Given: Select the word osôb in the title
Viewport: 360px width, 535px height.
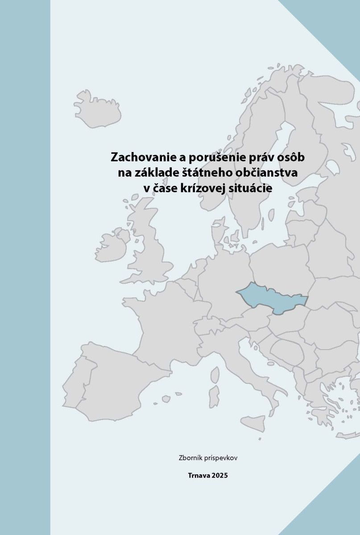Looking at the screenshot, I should pyautogui.click(x=290, y=158).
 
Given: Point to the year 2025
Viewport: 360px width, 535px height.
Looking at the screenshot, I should pyautogui.click(x=220, y=476).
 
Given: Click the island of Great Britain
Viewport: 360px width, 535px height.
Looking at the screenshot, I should pyautogui.click(x=149, y=241).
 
